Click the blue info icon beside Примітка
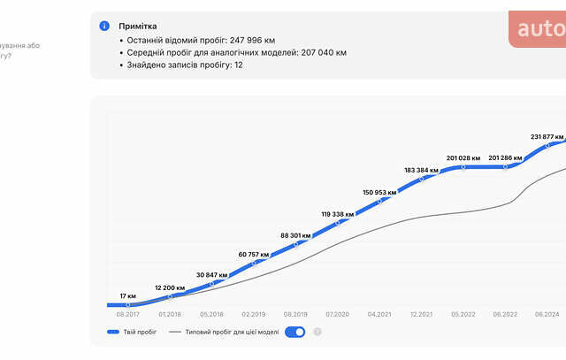point(105,27)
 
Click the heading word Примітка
point(138,27)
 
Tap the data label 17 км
point(128,295)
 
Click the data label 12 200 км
point(170,287)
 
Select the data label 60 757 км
point(254,255)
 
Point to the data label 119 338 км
point(337,214)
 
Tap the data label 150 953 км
point(379,192)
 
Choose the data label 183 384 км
point(421,169)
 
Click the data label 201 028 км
point(463,157)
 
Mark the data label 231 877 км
point(547,136)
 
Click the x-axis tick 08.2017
point(128,313)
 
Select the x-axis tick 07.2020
point(337,313)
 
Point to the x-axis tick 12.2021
point(421,313)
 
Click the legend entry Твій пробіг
point(139,333)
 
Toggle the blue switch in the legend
point(295,333)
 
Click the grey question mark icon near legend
point(317,333)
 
